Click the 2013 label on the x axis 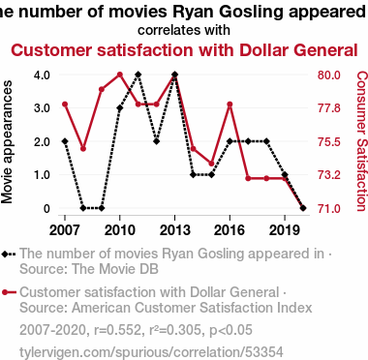tap(174, 230)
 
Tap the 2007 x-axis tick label tap(65, 230)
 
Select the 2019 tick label tap(285, 230)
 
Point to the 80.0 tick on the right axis tap(329, 75)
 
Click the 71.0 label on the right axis tap(329, 208)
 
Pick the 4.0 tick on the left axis tap(42, 75)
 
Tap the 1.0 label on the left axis tap(42, 175)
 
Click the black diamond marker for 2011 tap(138, 75)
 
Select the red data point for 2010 tap(120, 75)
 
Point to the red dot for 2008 tap(83, 149)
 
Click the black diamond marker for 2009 tap(102, 208)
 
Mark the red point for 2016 tap(230, 105)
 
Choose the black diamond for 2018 tap(266, 141)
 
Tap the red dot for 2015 tap(211, 164)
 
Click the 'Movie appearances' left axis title tap(7, 142)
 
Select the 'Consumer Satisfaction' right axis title tap(361, 141)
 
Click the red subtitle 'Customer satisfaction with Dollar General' tap(184, 50)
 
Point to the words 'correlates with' tap(184, 30)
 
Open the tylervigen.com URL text tap(151, 352)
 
